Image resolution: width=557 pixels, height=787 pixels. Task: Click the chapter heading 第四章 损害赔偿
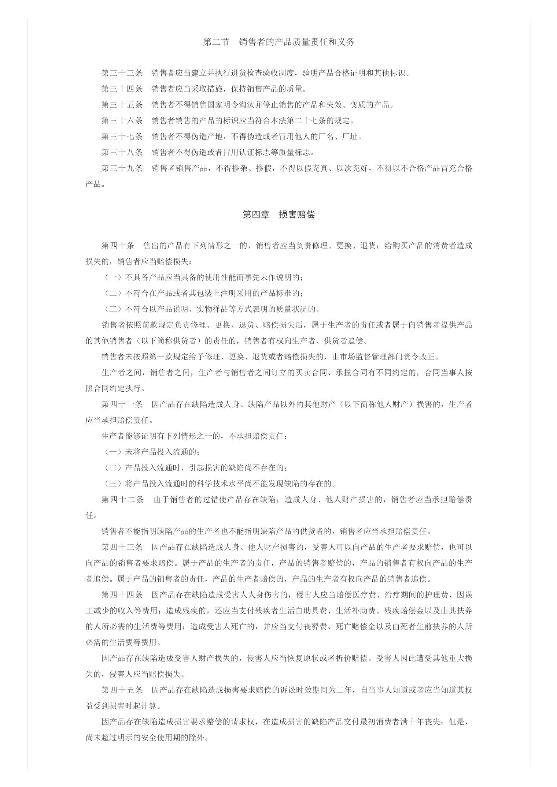point(278,215)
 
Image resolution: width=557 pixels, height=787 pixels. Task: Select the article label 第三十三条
point(122,73)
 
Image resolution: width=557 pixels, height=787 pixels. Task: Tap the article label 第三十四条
point(122,89)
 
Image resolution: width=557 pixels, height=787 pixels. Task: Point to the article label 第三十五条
point(122,105)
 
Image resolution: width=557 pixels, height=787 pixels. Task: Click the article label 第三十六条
point(122,121)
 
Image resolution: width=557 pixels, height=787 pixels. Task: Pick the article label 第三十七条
point(122,137)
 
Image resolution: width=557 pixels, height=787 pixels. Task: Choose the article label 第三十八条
point(122,152)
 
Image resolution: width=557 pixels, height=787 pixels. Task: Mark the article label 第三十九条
point(122,168)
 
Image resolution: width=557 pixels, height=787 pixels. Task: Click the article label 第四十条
point(118,245)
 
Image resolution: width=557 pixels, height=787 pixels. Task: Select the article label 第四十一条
point(122,404)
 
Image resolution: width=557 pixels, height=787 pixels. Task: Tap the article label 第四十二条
point(122,500)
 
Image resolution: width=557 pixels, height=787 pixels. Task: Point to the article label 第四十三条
point(122,547)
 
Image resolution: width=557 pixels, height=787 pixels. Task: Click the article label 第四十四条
point(122,595)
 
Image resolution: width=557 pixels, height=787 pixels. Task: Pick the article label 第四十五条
point(122,690)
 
